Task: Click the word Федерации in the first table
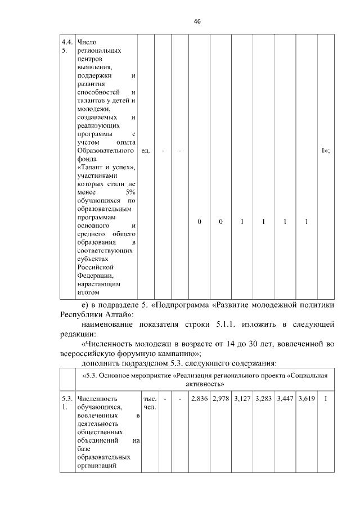pyautogui.click(x=95, y=276)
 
